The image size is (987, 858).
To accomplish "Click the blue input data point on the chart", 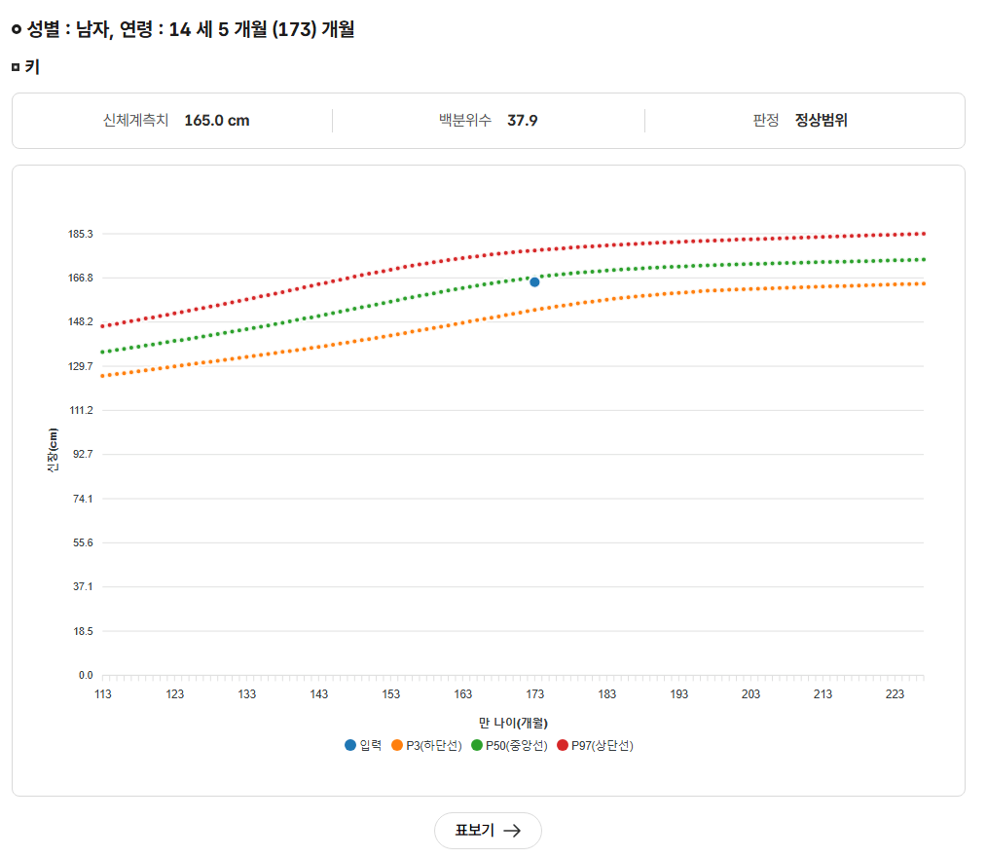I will coord(534,281).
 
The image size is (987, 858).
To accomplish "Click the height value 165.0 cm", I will coord(216,121).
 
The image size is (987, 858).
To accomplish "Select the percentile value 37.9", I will coord(523,121).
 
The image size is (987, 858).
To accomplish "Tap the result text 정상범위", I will coord(821,121).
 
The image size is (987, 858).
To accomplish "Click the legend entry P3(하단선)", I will coord(426,745).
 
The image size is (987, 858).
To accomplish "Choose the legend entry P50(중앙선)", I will coord(509,745).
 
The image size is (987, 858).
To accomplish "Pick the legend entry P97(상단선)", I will coord(595,745).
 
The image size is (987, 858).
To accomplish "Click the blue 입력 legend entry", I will coord(363,745).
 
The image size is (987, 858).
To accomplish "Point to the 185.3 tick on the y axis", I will coord(81,234).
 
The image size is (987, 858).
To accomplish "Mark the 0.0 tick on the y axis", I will coord(86,675).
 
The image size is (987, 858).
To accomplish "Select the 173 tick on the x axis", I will coord(535,694).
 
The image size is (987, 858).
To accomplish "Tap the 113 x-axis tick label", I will coord(103,694).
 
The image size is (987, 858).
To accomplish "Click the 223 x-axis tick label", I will coord(896,694).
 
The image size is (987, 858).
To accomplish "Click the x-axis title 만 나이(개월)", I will coord(513,723).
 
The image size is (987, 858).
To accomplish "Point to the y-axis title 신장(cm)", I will coord(53,455).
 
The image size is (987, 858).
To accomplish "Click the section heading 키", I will coord(32,67).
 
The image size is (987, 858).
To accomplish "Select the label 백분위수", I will coord(465,121).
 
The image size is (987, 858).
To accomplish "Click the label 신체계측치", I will coord(135,121).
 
